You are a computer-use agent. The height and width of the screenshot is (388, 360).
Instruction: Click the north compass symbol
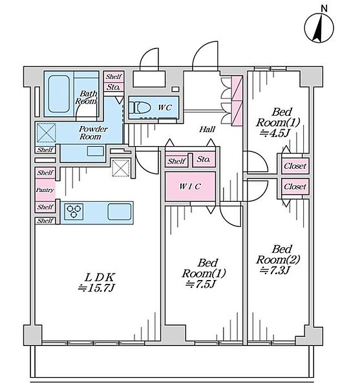tap(319, 28)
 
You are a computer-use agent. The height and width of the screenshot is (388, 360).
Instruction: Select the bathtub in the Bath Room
tap(59, 94)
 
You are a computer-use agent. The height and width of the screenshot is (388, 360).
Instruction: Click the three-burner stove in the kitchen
tap(74, 211)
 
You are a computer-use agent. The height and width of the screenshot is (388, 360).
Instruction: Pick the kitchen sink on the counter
tap(120, 211)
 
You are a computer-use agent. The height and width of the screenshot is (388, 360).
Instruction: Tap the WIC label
tap(189, 186)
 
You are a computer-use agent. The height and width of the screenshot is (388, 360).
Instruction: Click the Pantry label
tap(45, 190)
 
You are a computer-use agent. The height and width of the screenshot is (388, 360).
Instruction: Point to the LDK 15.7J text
tap(97, 283)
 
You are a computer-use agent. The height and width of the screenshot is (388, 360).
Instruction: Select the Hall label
tap(207, 129)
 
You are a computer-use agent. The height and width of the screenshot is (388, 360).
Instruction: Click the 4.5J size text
tap(274, 133)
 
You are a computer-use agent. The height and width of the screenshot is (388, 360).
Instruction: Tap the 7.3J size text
tap(274, 270)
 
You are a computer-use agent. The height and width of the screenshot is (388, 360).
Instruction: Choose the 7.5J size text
tap(201, 284)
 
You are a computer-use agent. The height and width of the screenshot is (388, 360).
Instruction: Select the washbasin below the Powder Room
tap(96, 151)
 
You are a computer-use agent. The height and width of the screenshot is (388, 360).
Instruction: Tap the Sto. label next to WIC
tap(204, 159)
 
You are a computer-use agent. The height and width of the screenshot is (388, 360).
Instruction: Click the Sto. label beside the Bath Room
tap(114, 87)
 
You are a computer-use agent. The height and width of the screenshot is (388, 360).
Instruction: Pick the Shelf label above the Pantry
tap(45, 173)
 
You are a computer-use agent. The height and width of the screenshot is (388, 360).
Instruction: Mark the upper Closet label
tap(295, 166)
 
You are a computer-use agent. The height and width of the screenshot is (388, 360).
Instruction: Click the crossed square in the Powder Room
tap(47, 133)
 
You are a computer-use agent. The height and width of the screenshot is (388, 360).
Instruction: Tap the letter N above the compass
tap(324, 8)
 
